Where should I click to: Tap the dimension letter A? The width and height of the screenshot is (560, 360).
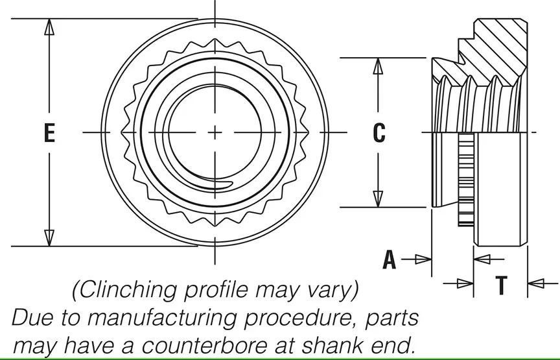point(389,259)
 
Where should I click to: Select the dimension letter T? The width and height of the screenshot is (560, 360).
point(500,283)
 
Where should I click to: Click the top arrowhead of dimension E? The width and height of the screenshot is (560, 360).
point(49,27)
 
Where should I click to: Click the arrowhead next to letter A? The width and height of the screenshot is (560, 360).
point(423,259)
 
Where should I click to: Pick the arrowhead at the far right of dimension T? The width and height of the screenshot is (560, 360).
point(535,283)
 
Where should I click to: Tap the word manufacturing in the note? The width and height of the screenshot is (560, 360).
point(165,317)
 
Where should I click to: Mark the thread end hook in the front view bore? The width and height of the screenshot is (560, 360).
point(224,187)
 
